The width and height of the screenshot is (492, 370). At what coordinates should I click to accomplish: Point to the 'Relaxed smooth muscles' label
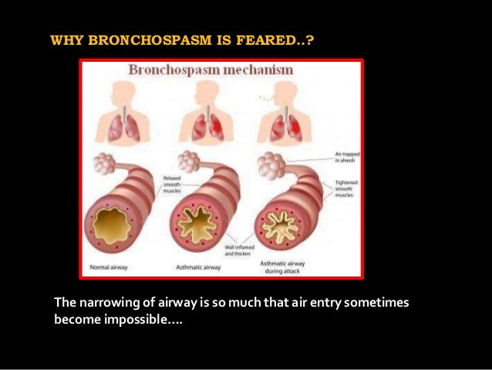coord(172,186)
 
